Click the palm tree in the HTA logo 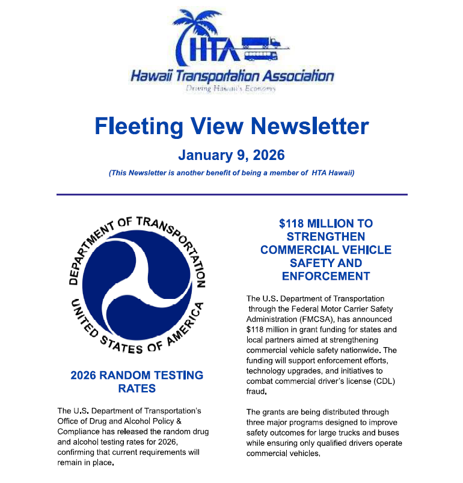point(198,27)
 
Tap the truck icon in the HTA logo point(262,48)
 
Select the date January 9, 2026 point(231,155)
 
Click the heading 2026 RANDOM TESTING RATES point(136,381)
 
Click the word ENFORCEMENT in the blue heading point(325,276)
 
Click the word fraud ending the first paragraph point(256,392)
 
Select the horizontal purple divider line point(232,194)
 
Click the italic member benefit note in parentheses point(231,173)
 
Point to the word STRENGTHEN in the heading point(325,236)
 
